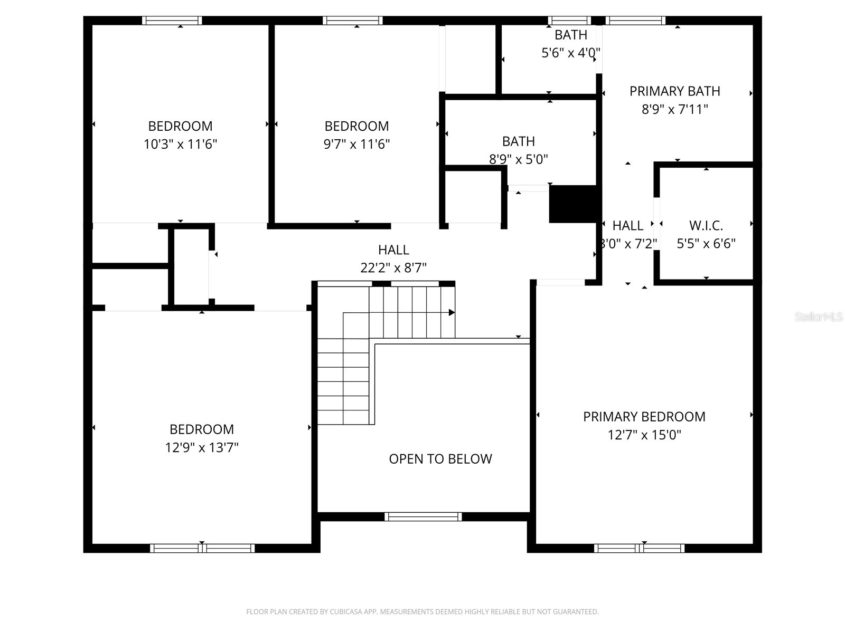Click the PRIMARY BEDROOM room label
pos(644,417)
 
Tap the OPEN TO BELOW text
pos(440,459)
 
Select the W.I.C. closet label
pos(706,226)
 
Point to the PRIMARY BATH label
pos(674,91)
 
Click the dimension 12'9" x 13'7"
pos(202,447)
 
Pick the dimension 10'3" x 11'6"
pos(180,144)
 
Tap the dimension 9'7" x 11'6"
pos(356,144)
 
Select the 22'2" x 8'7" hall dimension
pos(393,267)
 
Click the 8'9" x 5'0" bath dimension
pos(518,159)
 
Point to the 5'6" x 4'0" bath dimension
pos(571,53)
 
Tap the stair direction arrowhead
pos(452,312)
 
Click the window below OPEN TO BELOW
pos(423,516)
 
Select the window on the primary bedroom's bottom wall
pos(639,549)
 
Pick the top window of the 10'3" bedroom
pos(172,21)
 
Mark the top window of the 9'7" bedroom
pos(353,21)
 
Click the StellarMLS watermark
pos(819,317)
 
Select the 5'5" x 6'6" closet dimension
pos(706,244)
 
